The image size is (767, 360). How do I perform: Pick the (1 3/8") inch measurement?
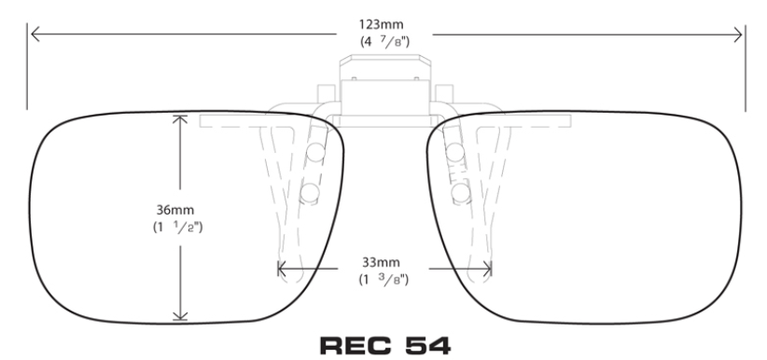point(383,278)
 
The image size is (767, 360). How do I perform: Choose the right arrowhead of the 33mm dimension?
point(489,270)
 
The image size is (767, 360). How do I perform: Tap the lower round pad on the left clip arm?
point(310,192)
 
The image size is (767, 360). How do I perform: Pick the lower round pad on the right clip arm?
point(459,192)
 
